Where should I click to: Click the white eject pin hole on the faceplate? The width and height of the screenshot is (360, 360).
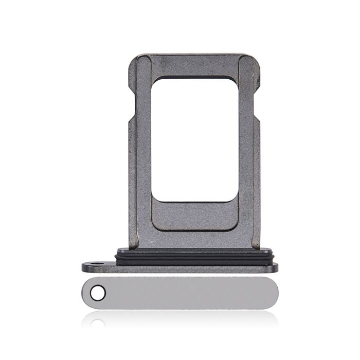pyautogui.click(x=98, y=293)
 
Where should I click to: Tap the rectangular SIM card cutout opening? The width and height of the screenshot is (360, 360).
pyautogui.click(x=195, y=139)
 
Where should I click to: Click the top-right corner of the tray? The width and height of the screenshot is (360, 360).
pyautogui.click(x=256, y=57)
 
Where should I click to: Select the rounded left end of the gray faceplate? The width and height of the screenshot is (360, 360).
pyautogui.click(x=86, y=293)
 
